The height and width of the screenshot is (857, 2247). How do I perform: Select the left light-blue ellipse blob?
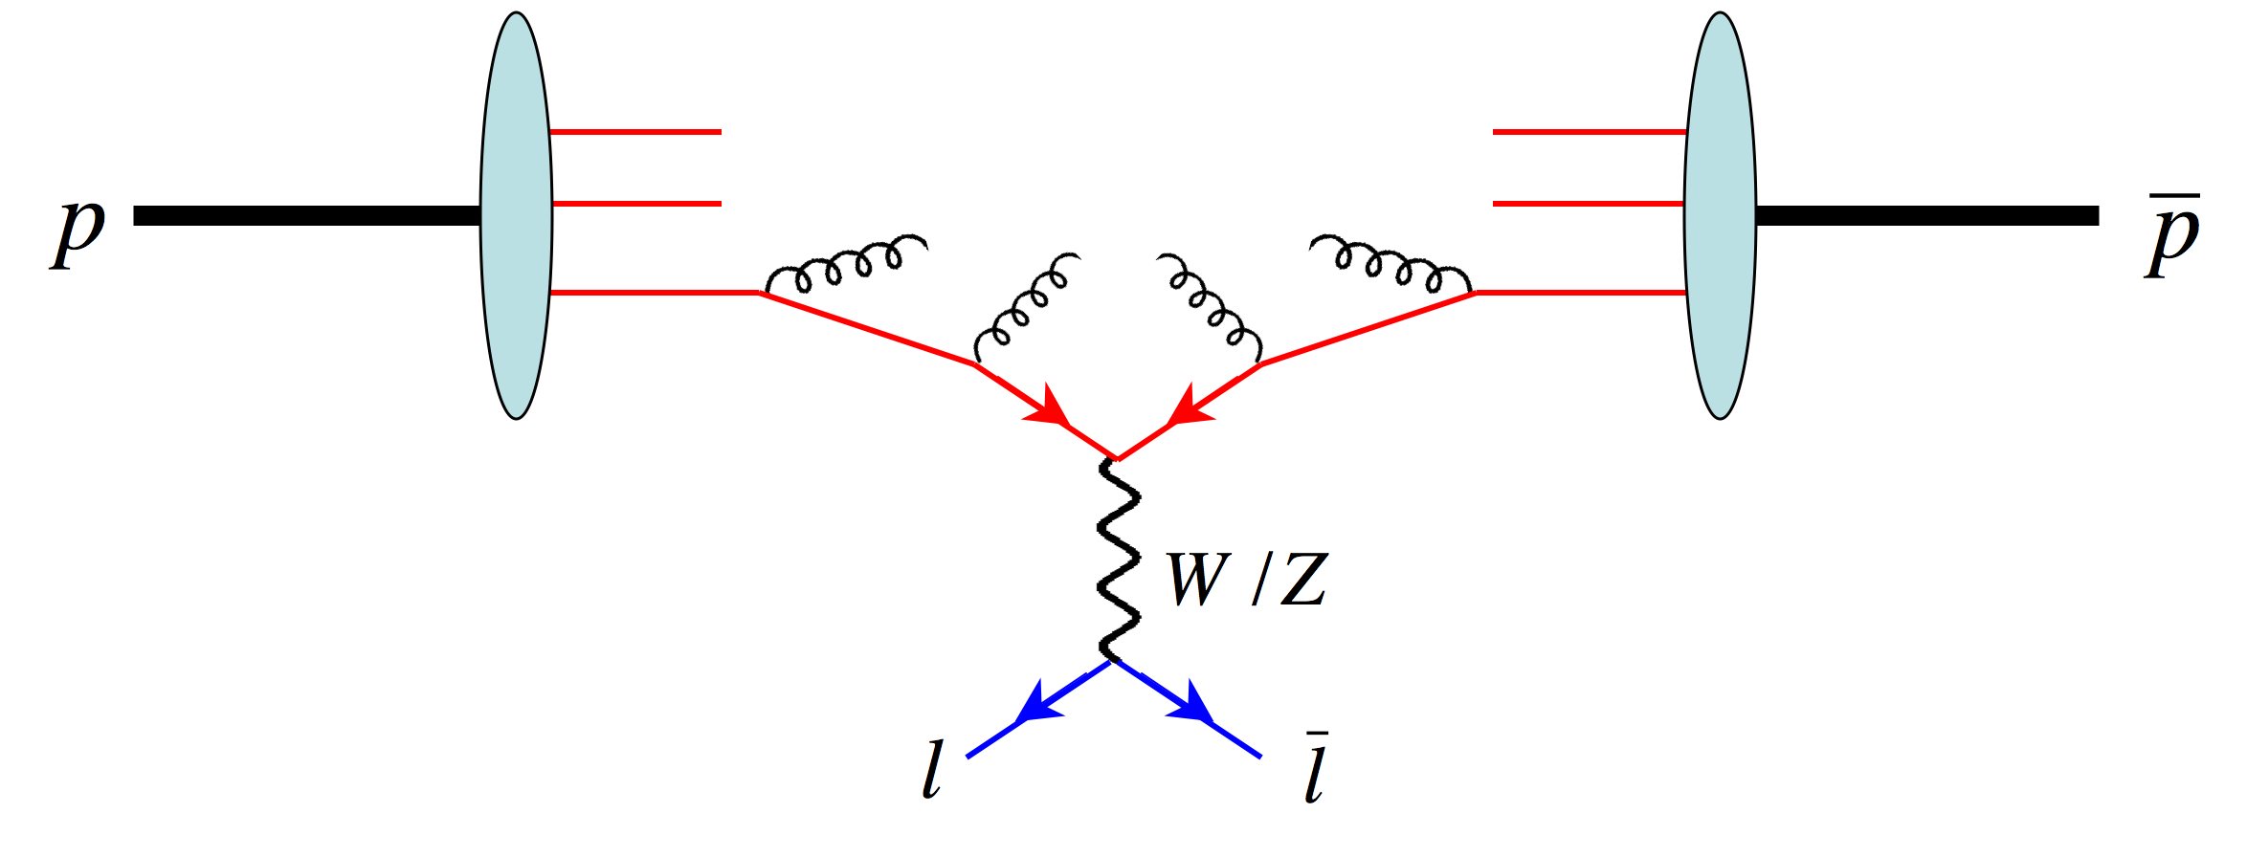coord(516,215)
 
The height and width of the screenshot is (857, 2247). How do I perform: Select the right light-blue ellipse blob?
coord(1720,215)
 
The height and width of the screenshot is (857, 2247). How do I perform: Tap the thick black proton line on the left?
coord(306,215)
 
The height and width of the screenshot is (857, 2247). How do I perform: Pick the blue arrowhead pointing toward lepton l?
coord(1036,703)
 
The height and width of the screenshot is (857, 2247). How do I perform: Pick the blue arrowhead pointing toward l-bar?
coord(1193,704)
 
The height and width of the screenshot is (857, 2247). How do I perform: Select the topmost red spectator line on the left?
coord(635,132)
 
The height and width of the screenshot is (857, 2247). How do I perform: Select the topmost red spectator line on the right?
coord(1589,132)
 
